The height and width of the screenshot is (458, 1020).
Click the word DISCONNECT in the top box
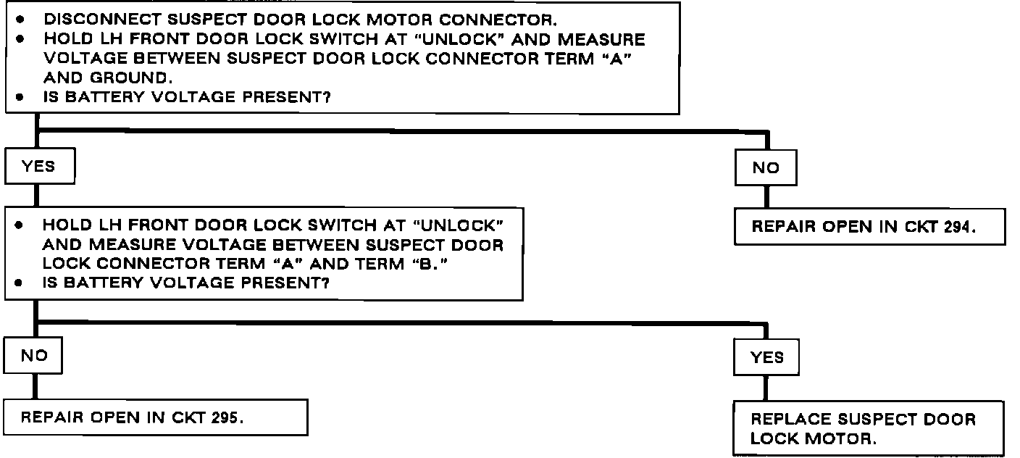pos(102,20)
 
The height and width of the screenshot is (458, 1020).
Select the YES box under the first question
pos(40,166)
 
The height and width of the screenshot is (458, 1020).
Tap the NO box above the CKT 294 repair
pos(766,167)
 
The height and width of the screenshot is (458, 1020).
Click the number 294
pos(957,227)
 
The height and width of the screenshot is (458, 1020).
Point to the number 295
pos(225,417)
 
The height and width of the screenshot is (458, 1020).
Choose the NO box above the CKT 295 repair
pos(33,356)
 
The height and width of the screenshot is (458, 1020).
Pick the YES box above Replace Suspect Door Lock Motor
pos(766,357)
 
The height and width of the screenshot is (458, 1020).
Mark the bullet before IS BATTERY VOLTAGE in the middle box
pos(18,283)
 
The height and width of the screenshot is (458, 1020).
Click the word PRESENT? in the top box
pos(286,97)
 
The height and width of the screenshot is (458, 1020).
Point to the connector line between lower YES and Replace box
pos(766,388)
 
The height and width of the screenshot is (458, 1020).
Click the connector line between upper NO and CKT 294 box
pos(766,197)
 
